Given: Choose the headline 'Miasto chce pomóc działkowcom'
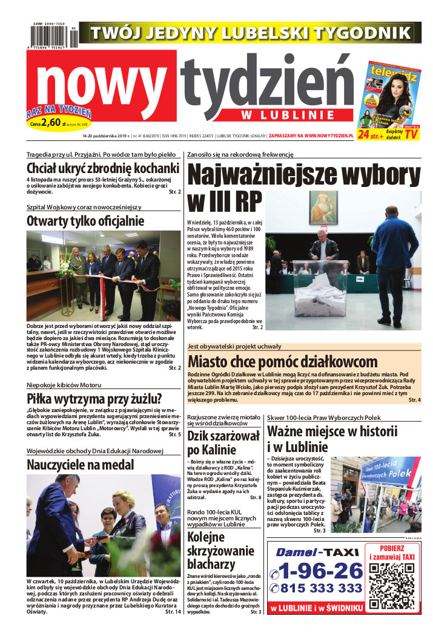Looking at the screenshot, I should coord(282,362).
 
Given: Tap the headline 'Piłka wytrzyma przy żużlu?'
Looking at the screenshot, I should coord(94,399).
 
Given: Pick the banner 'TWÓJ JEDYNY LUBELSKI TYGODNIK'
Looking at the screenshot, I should coord(250,31).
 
